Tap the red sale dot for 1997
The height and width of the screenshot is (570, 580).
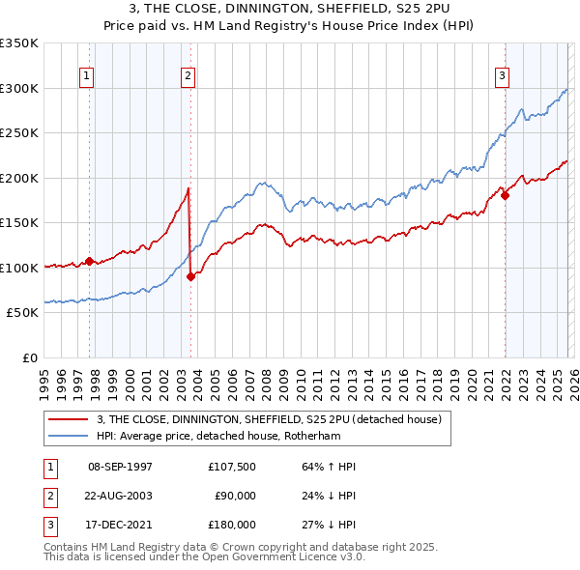click(x=89, y=261)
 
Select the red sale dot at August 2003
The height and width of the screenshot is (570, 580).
click(x=190, y=276)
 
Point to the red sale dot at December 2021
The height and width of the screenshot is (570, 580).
click(x=505, y=196)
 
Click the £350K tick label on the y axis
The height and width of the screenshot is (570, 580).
click(x=19, y=43)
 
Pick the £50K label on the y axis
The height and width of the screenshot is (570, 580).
click(x=22, y=313)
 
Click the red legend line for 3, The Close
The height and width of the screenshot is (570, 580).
click(x=69, y=419)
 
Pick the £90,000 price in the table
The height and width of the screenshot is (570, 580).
click(x=235, y=496)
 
